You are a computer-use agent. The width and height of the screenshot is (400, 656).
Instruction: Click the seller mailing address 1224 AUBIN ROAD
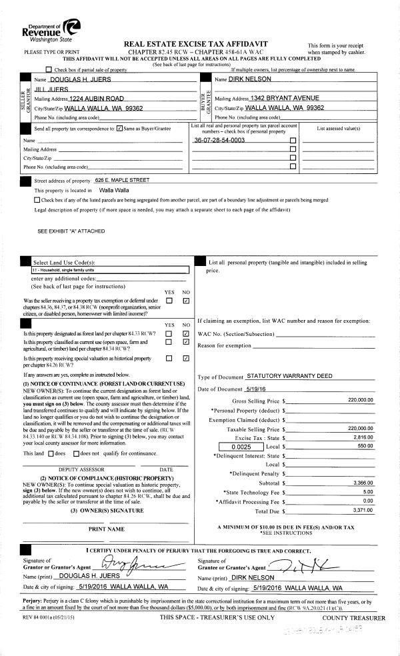tap(97, 98)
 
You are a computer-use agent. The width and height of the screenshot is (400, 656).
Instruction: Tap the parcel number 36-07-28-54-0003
tap(219, 141)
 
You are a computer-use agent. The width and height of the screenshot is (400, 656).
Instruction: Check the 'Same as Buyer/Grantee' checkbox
tap(119, 128)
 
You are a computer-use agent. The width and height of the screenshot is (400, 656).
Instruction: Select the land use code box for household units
tap(111, 270)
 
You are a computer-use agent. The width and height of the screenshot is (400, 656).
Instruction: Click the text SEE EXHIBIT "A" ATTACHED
tap(71, 231)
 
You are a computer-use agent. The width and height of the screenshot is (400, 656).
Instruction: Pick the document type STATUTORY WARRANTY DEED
tap(289, 376)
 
